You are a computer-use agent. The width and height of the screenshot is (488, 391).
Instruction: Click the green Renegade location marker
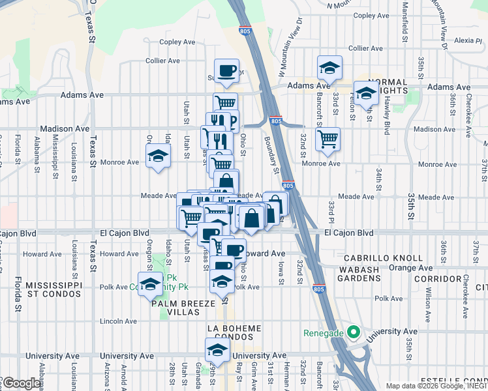(x=353, y=332)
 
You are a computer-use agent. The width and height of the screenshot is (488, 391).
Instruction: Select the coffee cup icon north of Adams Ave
(x=226, y=70)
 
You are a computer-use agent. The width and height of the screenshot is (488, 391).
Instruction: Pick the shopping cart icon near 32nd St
(x=328, y=138)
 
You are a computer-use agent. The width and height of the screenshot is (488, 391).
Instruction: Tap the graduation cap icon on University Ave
(x=217, y=350)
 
